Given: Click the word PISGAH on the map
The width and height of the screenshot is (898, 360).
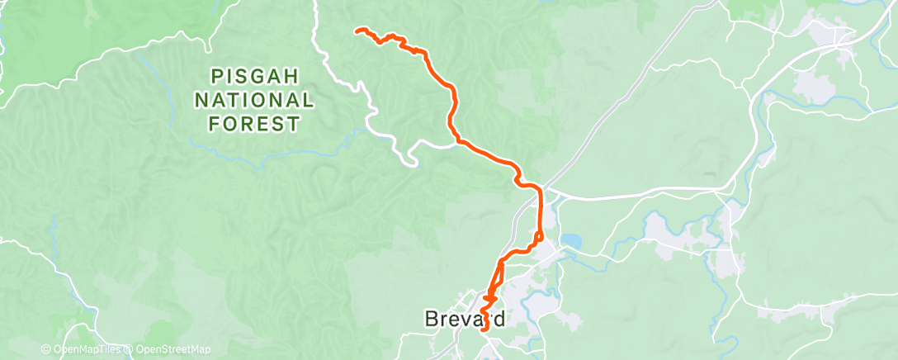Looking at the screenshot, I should [x=255, y=77].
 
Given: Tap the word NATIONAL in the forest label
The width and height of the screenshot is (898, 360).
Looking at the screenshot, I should [x=255, y=101].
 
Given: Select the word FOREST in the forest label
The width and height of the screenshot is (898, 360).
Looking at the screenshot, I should [x=255, y=125].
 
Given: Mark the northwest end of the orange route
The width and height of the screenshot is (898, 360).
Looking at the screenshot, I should [x=357, y=31].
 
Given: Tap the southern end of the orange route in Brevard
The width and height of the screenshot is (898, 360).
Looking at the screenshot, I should [x=484, y=329].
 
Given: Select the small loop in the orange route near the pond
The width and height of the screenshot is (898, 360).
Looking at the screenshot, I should [x=537, y=238].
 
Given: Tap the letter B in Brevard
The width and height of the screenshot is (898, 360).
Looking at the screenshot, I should [x=430, y=318].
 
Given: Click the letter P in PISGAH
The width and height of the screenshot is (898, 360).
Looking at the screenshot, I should [x=217, y=77].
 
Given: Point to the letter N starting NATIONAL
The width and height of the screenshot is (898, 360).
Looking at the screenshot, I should [x=202, y=101].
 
